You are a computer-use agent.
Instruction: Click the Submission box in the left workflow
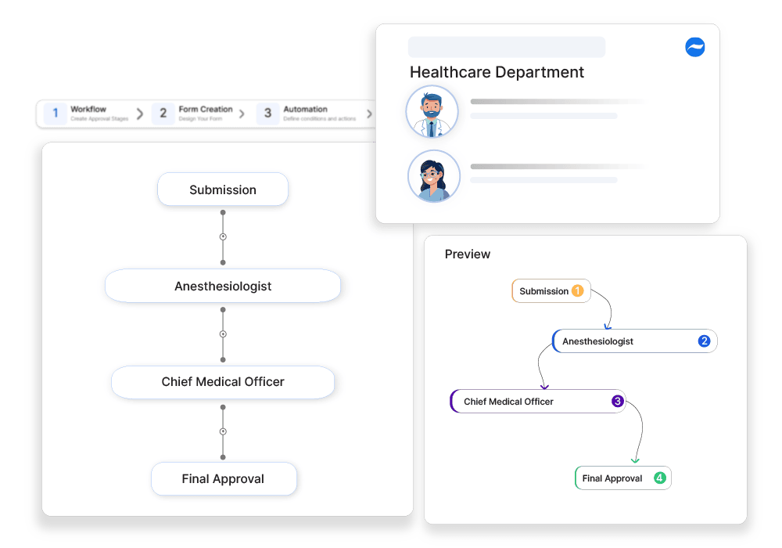point(223,189)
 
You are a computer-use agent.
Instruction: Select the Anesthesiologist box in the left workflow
point(223,286)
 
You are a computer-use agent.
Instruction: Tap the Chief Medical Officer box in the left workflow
point(223,382)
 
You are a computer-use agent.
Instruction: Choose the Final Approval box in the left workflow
point(223,478)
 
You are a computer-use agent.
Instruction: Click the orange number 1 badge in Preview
point(578,291)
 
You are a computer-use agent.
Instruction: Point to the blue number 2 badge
point(704,341)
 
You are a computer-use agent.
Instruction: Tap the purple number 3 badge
point(617,402)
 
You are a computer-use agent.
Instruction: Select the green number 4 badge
point(659,478)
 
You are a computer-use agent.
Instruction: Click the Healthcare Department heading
point(497,72)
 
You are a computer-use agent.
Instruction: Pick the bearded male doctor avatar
point(431,112)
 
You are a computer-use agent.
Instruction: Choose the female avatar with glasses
point(433,176)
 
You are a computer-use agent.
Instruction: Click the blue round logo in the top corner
point(694,47)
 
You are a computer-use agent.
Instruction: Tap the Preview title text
point(468,254)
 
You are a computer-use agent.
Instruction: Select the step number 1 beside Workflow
point(55,114)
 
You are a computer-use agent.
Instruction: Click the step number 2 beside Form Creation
point(163,114)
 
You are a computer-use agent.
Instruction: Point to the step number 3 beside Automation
point(267,114)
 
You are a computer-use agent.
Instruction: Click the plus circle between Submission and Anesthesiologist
point(223,236)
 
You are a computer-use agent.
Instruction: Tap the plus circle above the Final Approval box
point(223,431)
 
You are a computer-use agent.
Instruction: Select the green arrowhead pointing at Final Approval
point(635,460)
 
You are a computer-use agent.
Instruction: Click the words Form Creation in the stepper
point(206,110)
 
